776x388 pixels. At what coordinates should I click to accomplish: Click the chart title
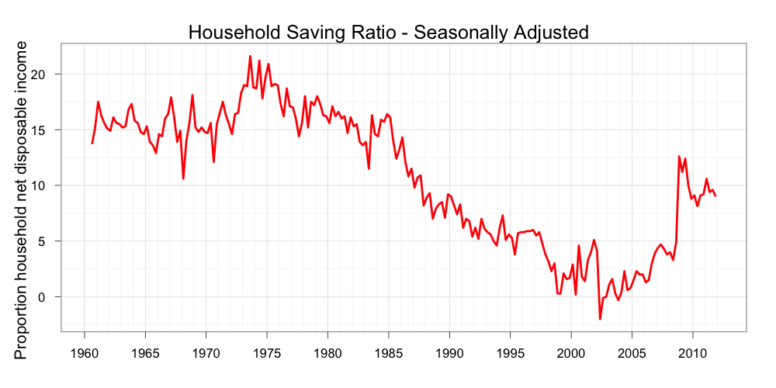[x=389, y=33]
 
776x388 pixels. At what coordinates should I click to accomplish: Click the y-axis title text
[x=21, y=200]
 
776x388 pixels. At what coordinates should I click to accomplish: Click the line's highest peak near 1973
[x=250, y=56]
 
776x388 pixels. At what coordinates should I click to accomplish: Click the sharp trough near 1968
[x=183, y=178]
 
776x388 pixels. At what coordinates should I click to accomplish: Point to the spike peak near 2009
[x=679, y=157]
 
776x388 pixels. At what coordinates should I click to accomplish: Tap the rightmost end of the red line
[x=715, y=196]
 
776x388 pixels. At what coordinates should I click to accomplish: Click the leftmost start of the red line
[x=92, y=143]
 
